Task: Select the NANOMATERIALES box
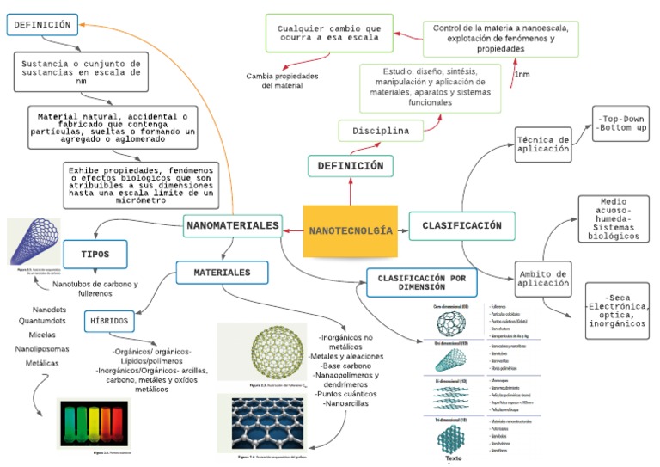233,226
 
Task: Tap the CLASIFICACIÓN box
461,225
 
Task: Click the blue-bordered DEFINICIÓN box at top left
42,26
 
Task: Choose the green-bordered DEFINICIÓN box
351,165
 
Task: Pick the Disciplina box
380,131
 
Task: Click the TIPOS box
95,255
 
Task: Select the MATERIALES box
221,273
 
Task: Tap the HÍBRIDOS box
108,321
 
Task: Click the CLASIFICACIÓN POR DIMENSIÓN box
422,283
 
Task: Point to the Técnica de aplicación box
543,144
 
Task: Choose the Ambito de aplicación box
543,278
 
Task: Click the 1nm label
522,75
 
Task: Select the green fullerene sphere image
255,353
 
